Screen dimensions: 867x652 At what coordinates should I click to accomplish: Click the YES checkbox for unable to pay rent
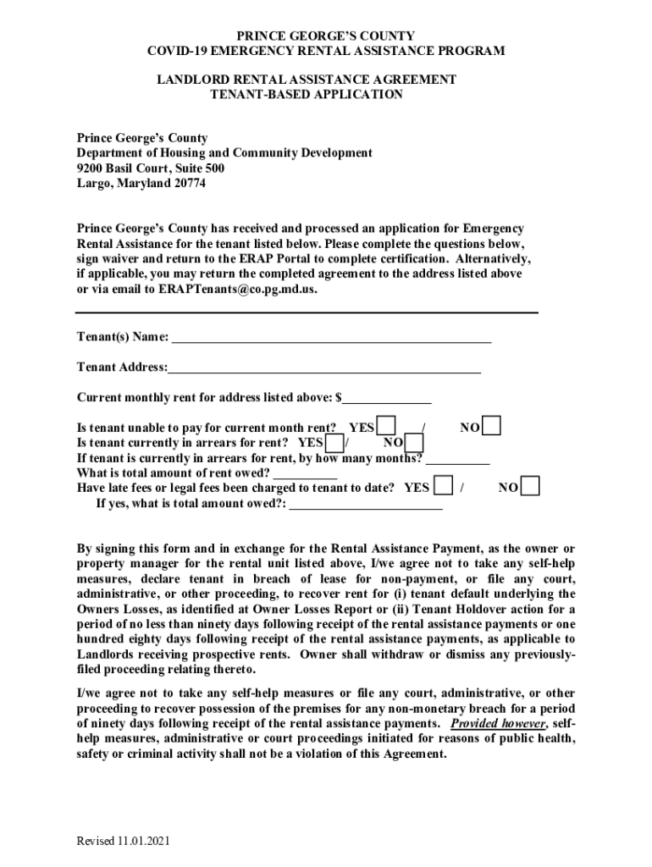386,425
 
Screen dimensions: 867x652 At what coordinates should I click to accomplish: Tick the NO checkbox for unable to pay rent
491,425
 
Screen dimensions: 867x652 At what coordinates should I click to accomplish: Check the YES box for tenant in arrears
335,443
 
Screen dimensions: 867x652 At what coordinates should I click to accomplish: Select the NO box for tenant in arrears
414,443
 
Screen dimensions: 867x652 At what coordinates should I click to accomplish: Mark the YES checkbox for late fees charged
442,487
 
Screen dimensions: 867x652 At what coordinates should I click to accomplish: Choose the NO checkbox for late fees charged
530,487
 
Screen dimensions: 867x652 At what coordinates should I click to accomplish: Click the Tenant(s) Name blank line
331,339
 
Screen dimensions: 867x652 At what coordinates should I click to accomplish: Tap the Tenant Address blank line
324,368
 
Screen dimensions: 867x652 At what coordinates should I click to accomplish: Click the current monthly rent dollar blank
387,399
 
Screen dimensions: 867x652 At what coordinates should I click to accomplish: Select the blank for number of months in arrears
457,460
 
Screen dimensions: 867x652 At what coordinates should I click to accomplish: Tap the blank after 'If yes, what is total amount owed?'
366,505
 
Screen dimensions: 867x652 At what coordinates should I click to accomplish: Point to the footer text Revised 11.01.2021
124,841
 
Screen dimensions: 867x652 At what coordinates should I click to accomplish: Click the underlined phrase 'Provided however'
498,724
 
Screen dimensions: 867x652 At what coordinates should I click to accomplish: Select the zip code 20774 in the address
190,183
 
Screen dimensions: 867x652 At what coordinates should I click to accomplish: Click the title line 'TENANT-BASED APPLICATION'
306,95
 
